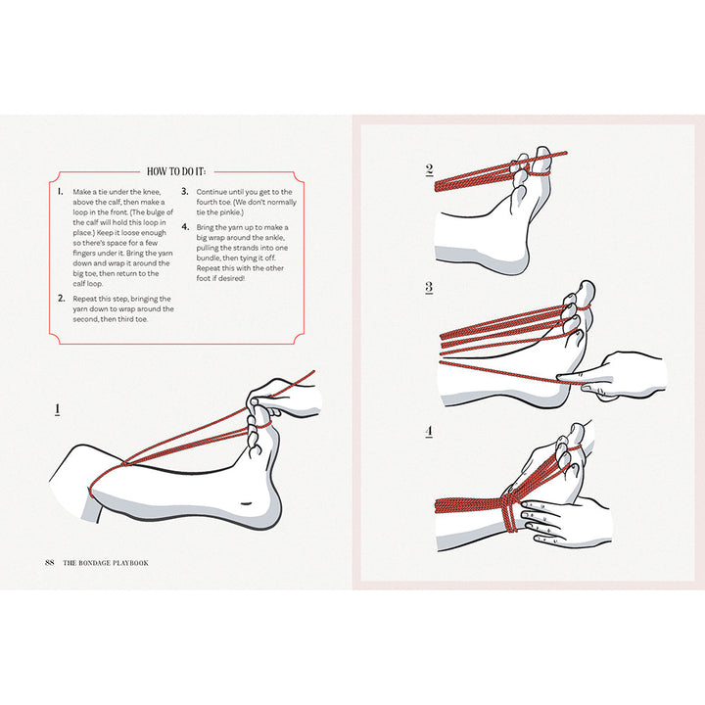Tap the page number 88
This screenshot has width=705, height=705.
50,562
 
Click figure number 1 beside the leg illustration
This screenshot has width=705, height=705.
58,408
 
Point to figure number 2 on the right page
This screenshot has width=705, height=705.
429,169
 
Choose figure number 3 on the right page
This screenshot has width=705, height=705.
429,288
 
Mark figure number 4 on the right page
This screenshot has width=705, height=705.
429,432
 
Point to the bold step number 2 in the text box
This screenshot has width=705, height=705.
61,299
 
